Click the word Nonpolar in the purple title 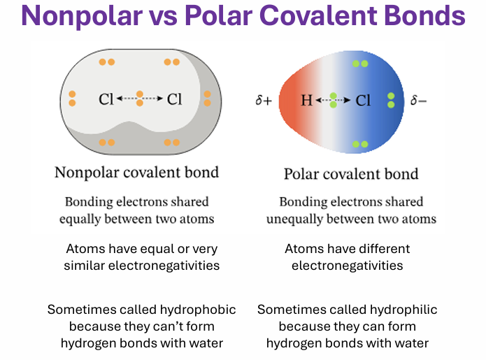82,16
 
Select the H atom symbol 307,101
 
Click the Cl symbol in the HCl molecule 363,101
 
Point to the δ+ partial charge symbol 264,100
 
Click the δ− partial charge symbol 418,100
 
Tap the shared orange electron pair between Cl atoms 140,99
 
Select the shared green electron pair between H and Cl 333,100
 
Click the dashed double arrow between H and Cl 333,100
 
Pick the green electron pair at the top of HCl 360,64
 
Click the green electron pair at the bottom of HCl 360,144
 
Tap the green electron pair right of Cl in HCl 391,100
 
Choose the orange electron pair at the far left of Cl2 72,99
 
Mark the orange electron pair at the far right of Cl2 208,99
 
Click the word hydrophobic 198,310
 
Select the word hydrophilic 403,310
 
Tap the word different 383,249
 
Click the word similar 85,266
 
